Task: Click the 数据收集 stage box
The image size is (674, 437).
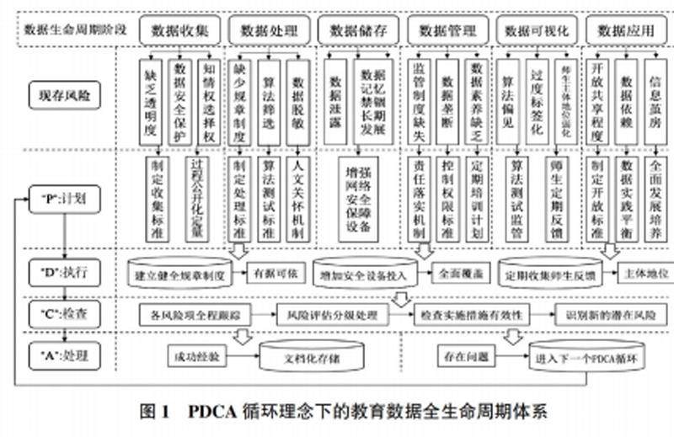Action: (180, 31)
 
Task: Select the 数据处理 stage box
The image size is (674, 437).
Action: (270, 31)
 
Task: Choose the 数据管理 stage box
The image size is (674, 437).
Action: (447, 31)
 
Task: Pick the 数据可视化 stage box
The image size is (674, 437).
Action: (537, 31)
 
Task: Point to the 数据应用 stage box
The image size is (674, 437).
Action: (626, 31)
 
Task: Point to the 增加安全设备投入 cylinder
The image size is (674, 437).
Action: (361, 274)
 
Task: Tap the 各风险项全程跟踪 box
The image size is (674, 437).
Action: (196, 316)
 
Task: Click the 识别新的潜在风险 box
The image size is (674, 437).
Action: (605, 316)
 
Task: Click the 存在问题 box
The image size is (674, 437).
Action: (463, 356)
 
